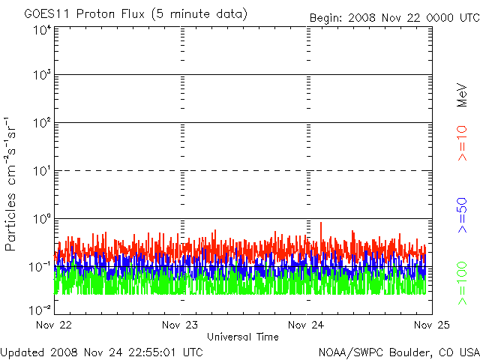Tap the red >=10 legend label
click(462, 143)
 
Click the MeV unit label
click(462, 96)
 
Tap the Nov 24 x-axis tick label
click(307, 325)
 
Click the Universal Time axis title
click(243, 337)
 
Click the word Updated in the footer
click(22, 351)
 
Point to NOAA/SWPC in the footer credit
click(350, 351)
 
